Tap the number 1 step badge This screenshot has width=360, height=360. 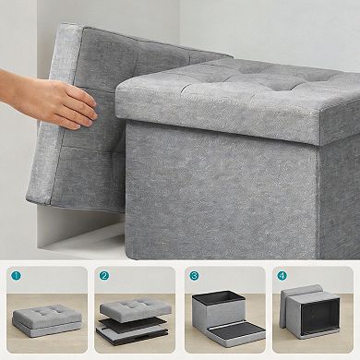[16, 276]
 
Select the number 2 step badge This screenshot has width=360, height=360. [104, 276]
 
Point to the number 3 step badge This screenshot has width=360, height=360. [194, 276]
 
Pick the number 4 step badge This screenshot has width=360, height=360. [283, 276]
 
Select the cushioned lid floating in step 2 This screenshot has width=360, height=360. [134, 306]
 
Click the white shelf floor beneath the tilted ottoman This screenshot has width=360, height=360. [88, 240]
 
